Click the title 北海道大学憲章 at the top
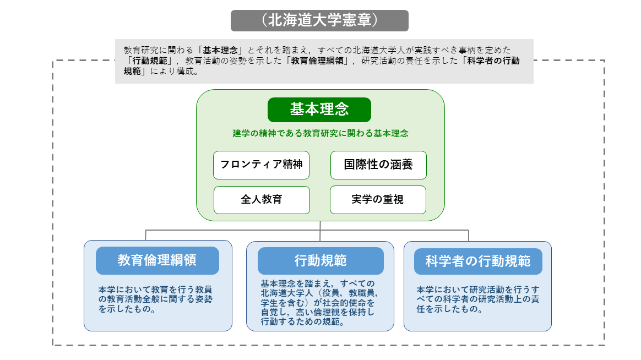[319, 20]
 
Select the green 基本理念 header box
[319, 110]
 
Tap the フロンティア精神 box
[261, 165]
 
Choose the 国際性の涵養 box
[378, 165]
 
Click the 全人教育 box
[262, 200]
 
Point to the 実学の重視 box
[378, 200]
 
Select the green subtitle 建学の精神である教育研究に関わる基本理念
[320, 134]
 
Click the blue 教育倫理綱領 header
[157, 260]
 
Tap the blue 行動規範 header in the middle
[320, 261]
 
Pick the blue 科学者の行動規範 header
[478, 261]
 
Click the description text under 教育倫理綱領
[155, 299]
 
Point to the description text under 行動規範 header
[319, 303]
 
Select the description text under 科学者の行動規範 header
[478, 299]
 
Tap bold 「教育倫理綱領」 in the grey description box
[317, 61]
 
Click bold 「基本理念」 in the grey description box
[220, 50]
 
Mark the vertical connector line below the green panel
[320, 231]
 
